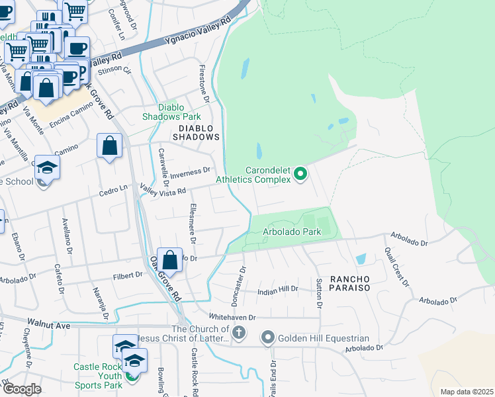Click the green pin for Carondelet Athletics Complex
pyautogui.click(x=300, y=174)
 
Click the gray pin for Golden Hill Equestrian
pyautogui.click(x=268, y=338)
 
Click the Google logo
pyautogui.click(x=21, y=388)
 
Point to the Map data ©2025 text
pyautogui.click(x=466, y=392)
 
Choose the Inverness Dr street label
pyautogui.click(x=190, y=171)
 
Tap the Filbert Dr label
pyautogui.click(x=128, y=275)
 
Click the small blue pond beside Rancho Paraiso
pyautogui.click(x=360, y=259)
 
